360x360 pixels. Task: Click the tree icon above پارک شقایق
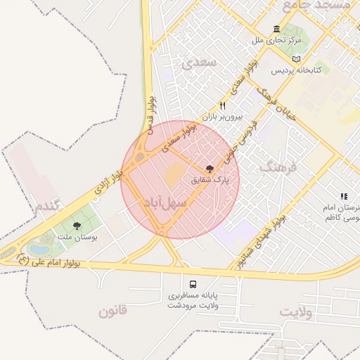(x=209, y=168)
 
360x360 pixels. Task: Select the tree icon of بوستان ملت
(x=77, y=226)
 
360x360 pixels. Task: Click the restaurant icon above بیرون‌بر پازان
(x=222, y=105)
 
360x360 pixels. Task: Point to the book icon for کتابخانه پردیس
(x=296, y=58)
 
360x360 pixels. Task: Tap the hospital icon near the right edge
(x=343, y=197)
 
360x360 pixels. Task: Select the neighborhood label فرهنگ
(x=279, y=167)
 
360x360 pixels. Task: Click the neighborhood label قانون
(x=112, y=311)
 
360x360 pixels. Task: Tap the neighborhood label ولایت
(x=295, y=311)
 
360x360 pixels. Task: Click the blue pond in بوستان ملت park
(x=40, y=248)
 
